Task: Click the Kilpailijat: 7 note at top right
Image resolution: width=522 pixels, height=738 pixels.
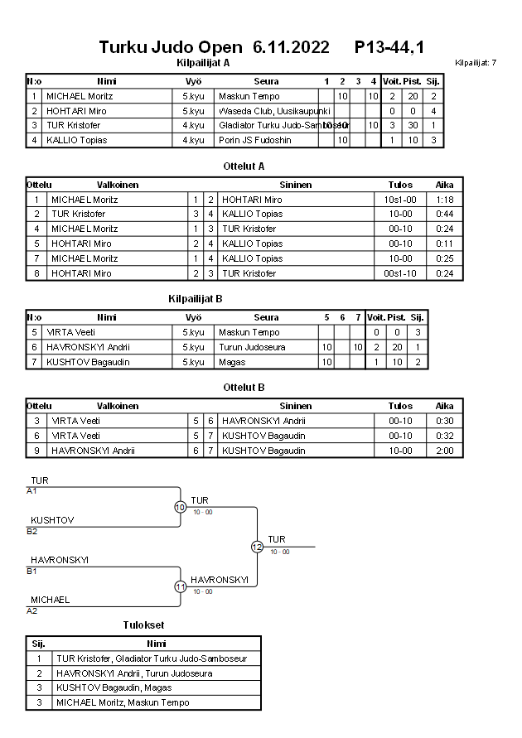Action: point(476,63)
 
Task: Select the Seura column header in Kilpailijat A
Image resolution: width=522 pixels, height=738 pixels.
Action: point(266,81)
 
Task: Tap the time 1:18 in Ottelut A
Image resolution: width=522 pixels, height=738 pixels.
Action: point(444,200)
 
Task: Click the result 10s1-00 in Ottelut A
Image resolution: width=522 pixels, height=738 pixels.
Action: point(400,200)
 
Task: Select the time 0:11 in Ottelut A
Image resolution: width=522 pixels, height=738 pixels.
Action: point(444,244)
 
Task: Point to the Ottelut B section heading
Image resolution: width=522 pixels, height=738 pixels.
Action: point(244,387)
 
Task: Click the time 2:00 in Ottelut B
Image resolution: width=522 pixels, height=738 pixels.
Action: point(444,451)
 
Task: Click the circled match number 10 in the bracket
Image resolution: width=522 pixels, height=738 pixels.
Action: point(180,507)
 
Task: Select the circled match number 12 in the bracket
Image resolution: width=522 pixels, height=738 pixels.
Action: point(257,547)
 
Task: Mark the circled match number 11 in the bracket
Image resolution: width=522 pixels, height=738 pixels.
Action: point(180,586)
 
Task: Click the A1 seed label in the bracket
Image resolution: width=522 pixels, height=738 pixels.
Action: point(32,491)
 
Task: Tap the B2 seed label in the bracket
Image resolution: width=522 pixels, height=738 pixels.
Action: point(32,531)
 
